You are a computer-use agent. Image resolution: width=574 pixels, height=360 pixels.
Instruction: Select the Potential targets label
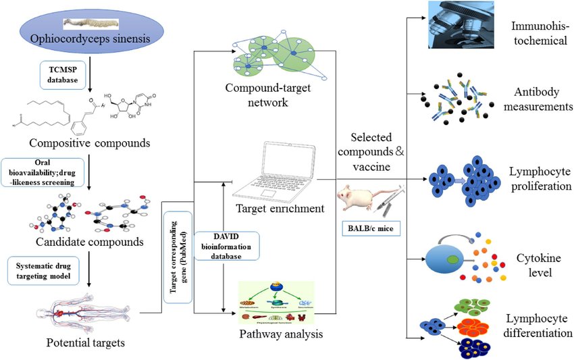pos(85,343)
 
